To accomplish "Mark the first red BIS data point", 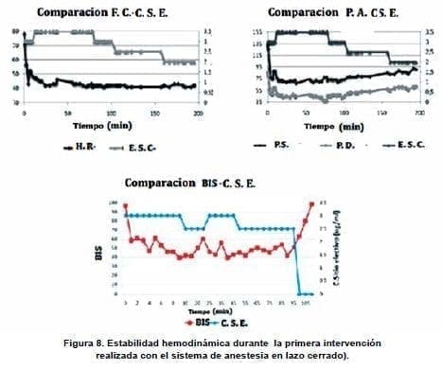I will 125,206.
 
